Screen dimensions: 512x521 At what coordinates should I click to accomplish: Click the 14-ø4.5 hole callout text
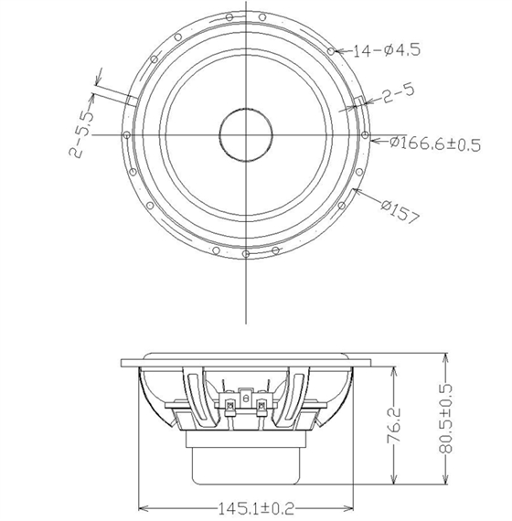pyautogui.click(x=387, y=50)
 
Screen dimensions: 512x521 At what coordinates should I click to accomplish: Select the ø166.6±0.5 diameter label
pyautogui.click(x=435, y=144)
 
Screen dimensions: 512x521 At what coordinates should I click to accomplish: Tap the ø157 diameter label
pyautogui.click(x=401, y=211)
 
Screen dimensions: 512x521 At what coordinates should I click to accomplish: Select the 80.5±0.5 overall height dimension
pyautogui.click(x=445, y=419)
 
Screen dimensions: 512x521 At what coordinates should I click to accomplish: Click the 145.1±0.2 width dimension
pyautogui.click(x=256, y=508)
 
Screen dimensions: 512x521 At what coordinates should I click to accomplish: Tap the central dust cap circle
pyautogui.click(x=246, y=135)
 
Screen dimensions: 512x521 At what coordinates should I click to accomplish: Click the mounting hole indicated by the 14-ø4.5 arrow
pyautogui.click(x=331, y=51)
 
